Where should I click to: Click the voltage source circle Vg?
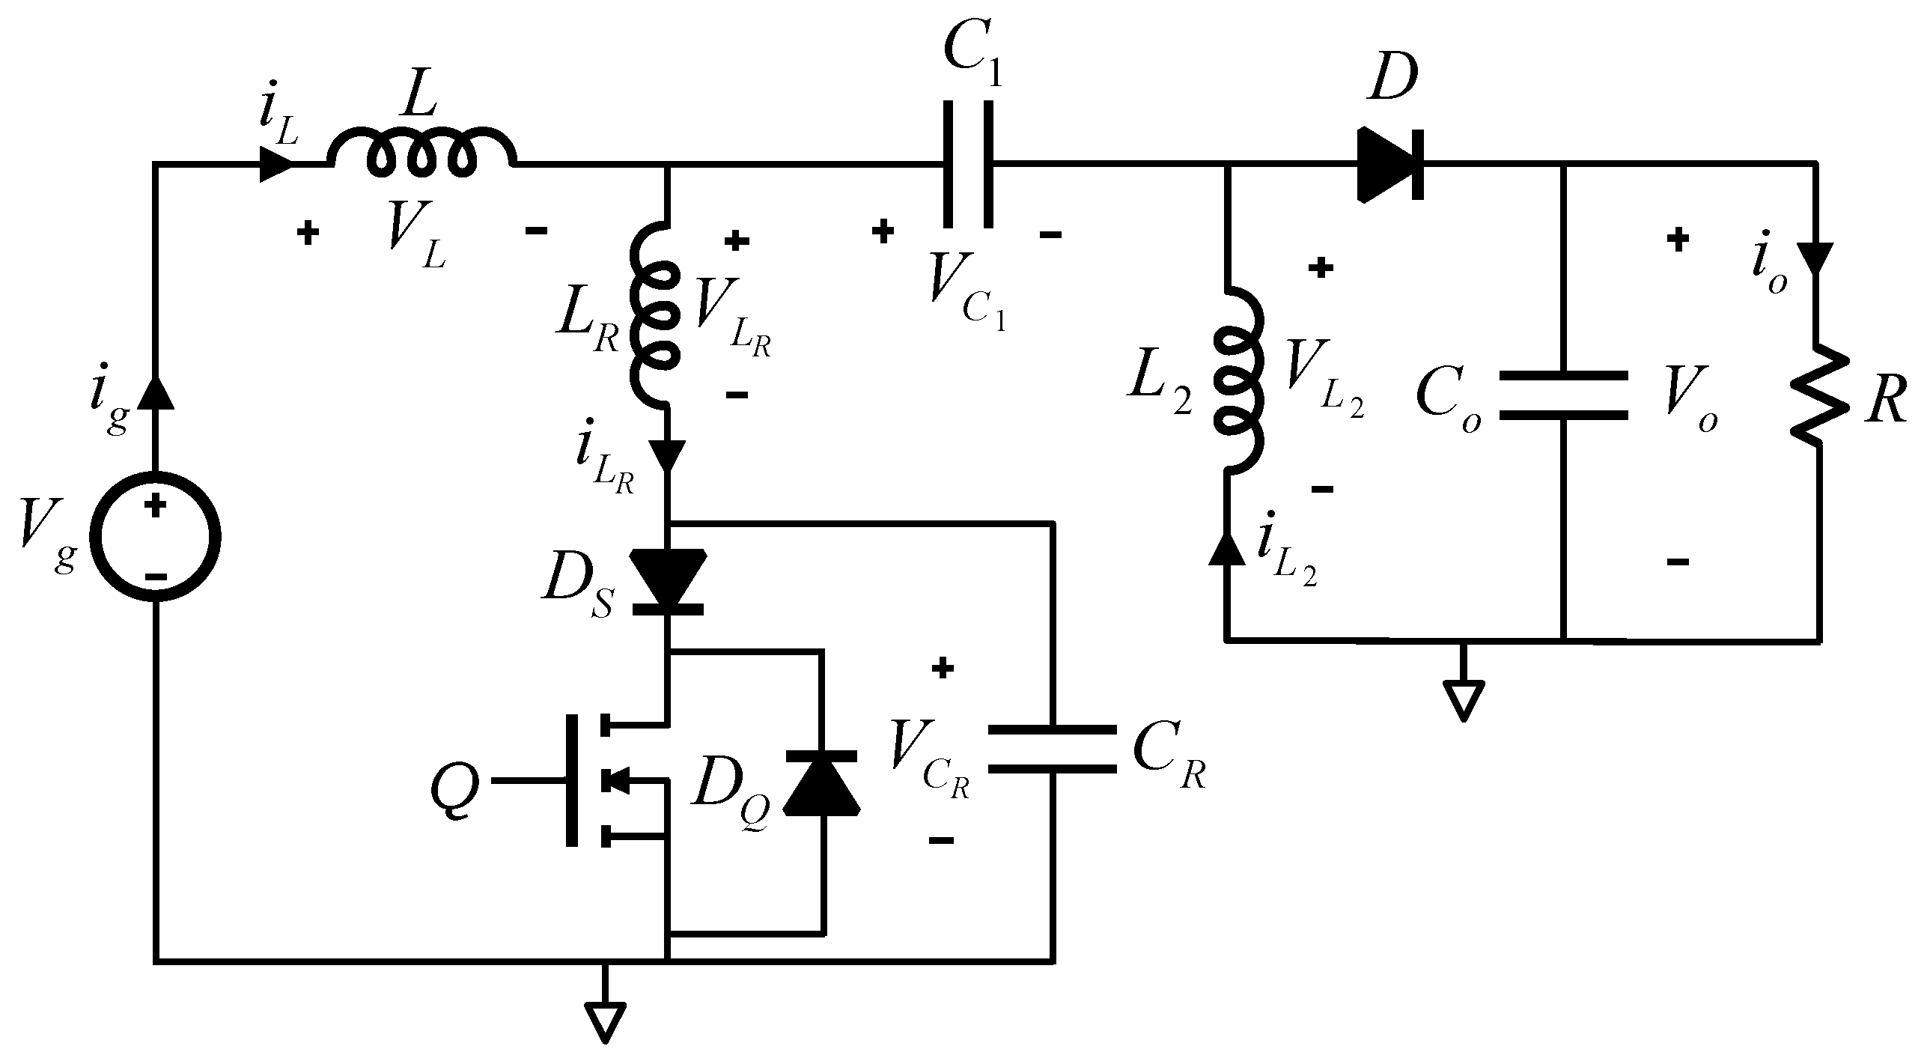point(155,537)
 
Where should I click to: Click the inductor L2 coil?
point(1238,382)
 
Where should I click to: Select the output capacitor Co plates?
point(1564,395)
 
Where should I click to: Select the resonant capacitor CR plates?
point(1053,749)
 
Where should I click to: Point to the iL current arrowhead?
point(275,163)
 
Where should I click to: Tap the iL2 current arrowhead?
point(1226,549)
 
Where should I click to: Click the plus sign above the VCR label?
point(942,668)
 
